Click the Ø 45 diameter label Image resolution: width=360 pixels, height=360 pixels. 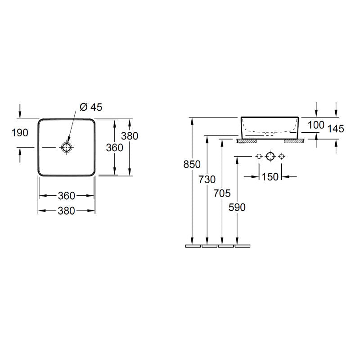click(x=91, y=107)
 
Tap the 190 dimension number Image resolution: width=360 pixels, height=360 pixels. click(x=20, y=133)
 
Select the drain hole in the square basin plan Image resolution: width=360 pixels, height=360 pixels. click(x=67, y=147)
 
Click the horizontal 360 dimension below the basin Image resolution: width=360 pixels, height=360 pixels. click(x=66, y=196)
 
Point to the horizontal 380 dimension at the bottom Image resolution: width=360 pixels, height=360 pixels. click(x=66, y=211)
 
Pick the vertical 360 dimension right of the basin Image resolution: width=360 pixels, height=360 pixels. click(x=115, y=148)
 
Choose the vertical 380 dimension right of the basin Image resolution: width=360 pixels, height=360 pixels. click(x=130, y=136)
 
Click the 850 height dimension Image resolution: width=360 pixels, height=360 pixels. click(x=192, y=164)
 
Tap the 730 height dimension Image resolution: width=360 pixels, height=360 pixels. click(x=207, y=180)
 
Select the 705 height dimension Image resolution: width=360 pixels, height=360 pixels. click(x=222, y=193)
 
